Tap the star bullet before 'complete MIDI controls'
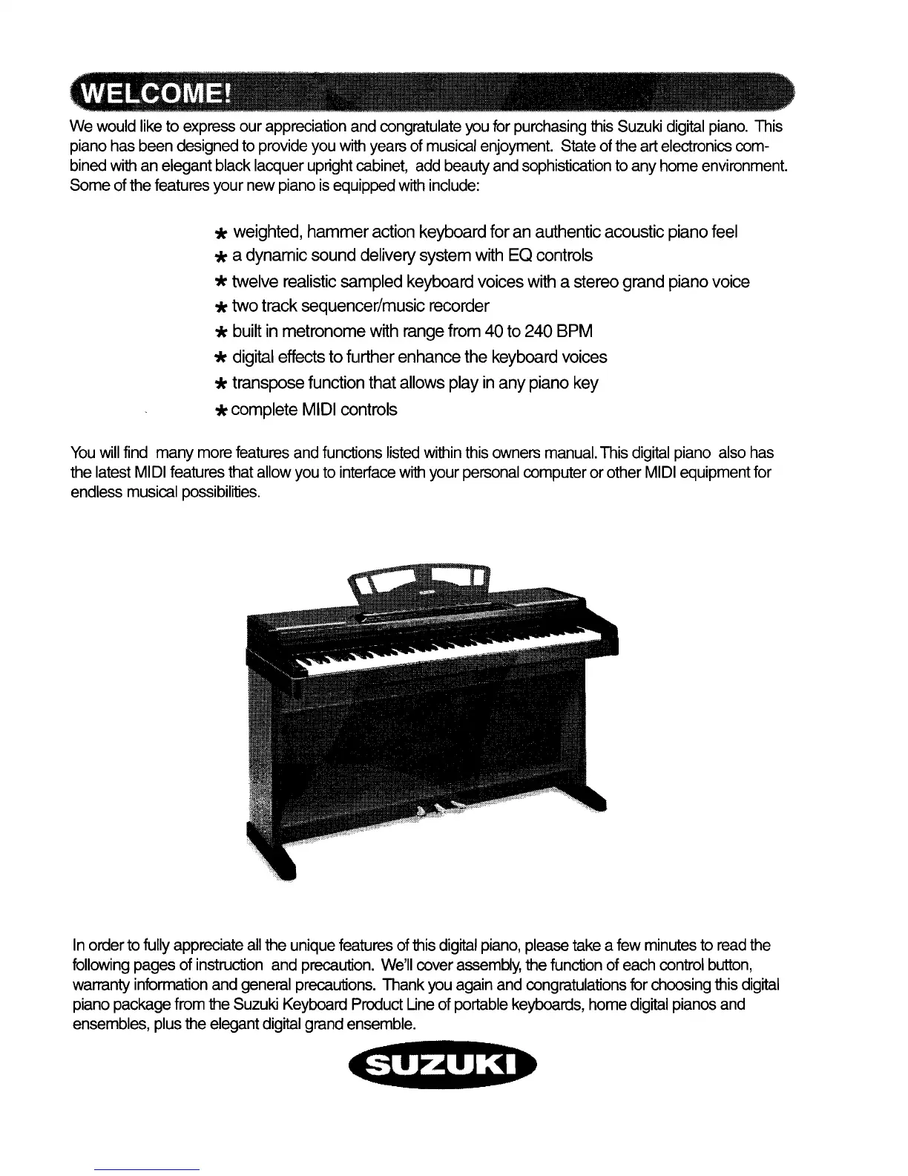(x=220, y=411)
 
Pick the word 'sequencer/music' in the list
(x=352, y=306)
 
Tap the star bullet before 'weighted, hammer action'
(x=220, y=234)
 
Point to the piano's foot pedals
(x=438, y=808)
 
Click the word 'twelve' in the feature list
(x=255, y=282)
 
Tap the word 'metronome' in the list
(x=323, y=331)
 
